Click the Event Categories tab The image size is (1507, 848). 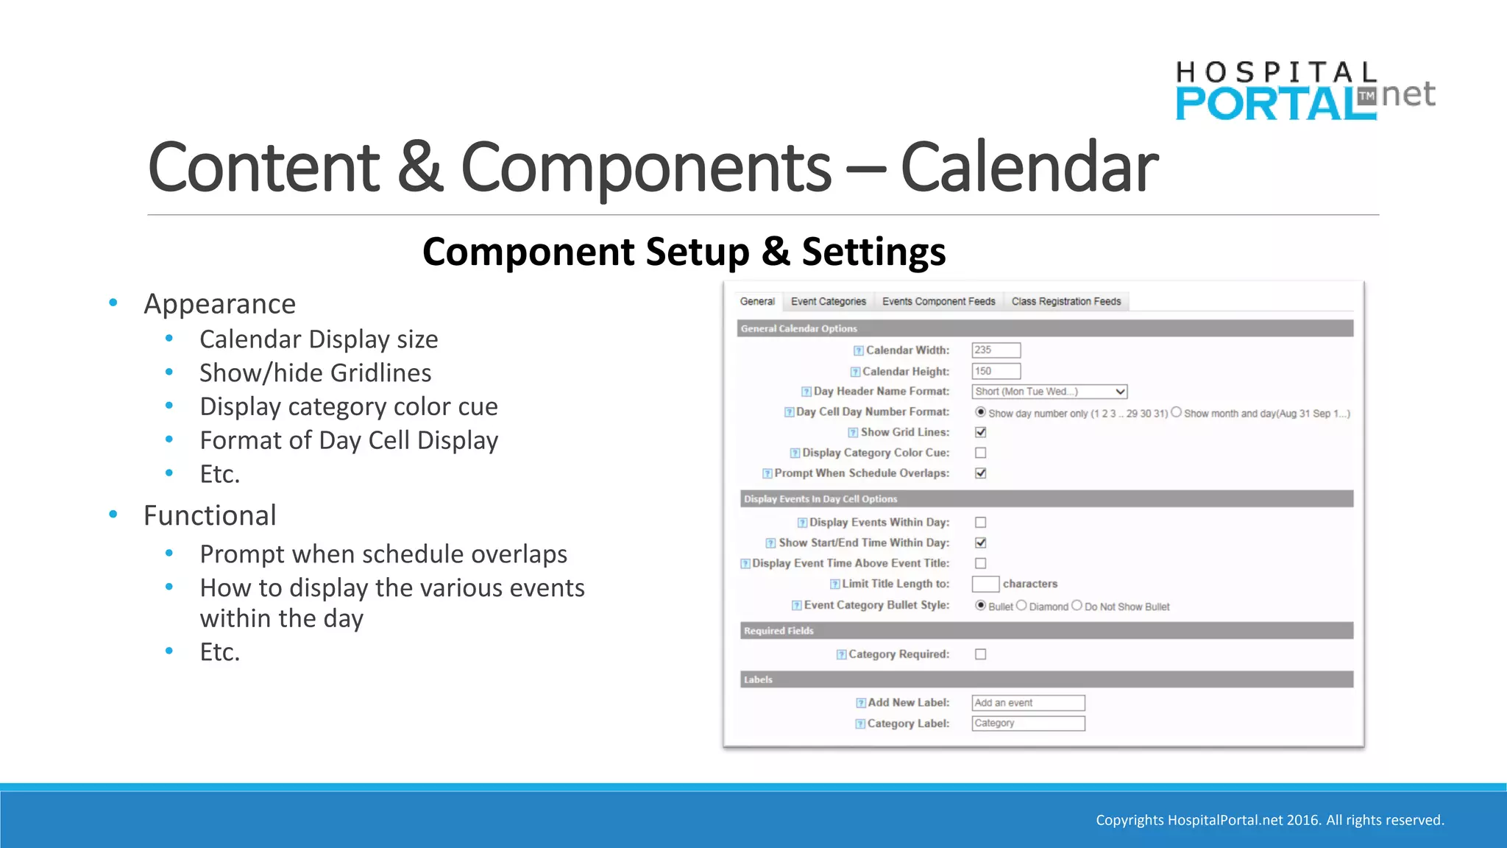[828, 302]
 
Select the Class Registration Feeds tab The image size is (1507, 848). [1065, 302]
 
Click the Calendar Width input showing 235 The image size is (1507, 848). [996, 350]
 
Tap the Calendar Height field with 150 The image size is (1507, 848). [996, 371]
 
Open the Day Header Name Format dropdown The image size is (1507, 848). [1049, 392]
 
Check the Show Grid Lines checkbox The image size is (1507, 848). [981, 432]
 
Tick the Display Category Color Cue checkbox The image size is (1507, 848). [981, 453]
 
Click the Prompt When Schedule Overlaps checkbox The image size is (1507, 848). [981, 473]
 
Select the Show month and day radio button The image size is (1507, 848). [1176, 412]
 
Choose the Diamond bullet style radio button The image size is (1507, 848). [1021, 605]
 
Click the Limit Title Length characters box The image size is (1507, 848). [985, 584]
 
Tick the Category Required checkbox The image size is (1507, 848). [981, 654]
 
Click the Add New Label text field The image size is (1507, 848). [1028, 703]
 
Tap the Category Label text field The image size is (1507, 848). [1028, 724]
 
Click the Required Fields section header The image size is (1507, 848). [779, 631]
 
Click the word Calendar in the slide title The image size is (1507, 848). [1029, 169]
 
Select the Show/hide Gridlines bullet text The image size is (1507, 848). [315, 373]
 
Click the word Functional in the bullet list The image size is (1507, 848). [210, 515]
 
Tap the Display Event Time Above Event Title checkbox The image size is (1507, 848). [981, 563]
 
